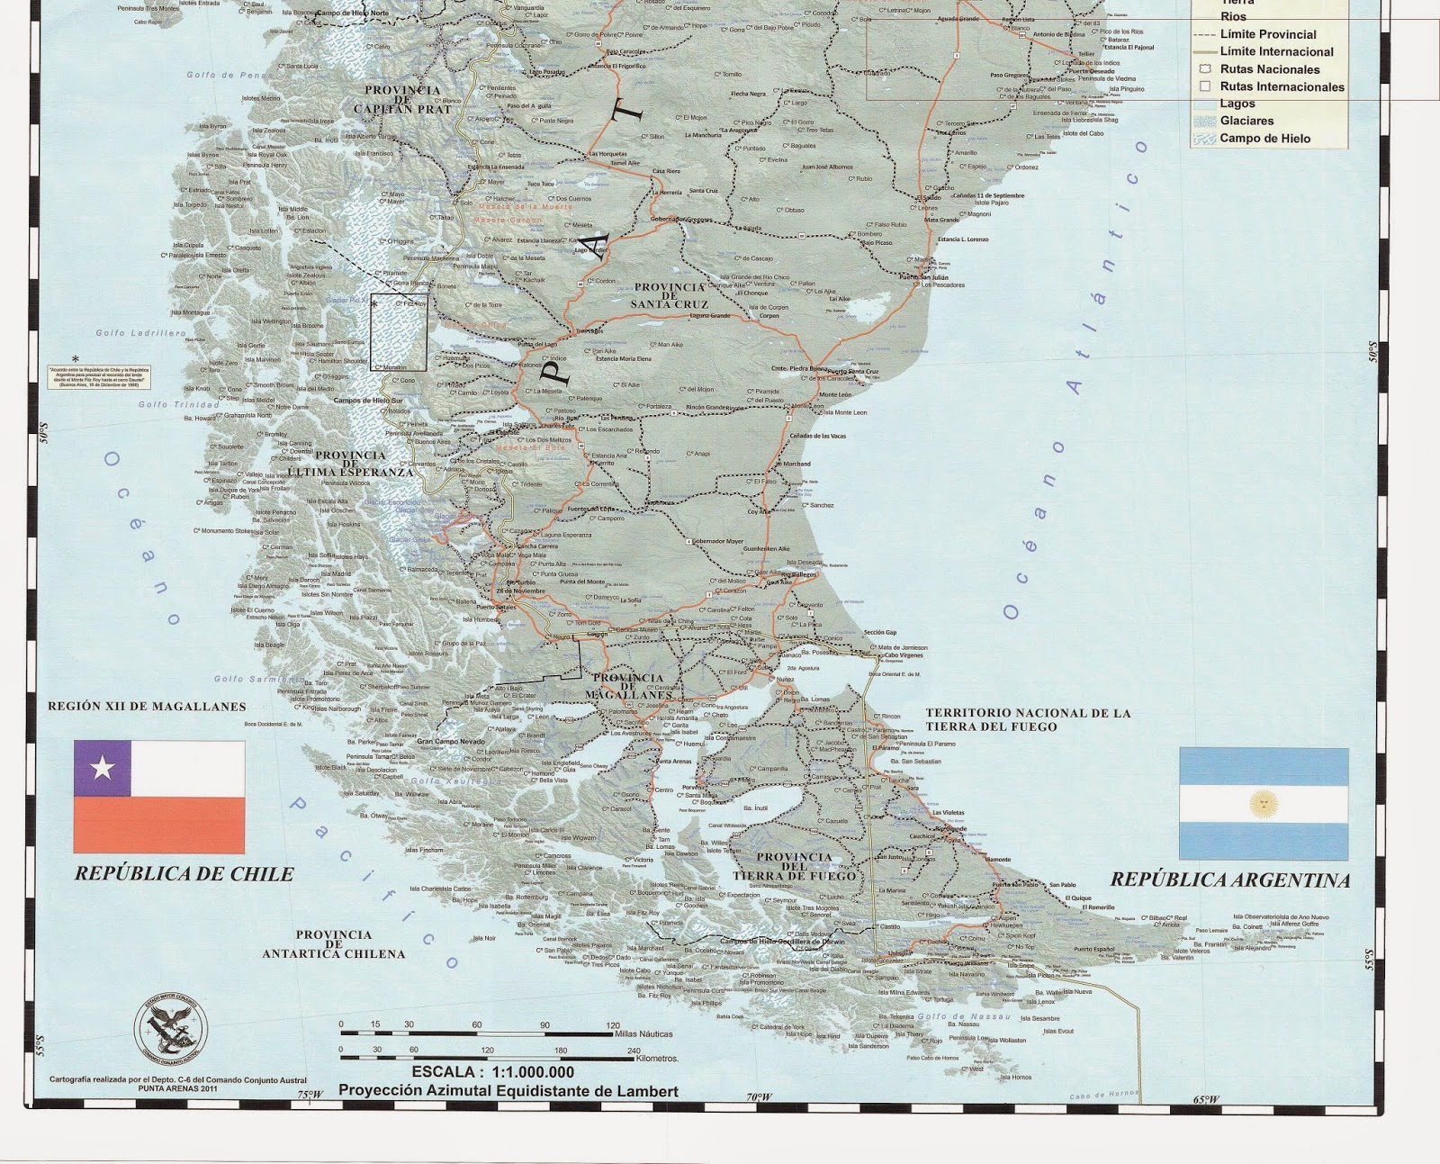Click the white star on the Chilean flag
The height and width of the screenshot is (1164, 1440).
tap(103, 768)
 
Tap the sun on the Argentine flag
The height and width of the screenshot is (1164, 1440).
tap(1264, 803)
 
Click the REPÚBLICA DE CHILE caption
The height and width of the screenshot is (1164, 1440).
tap(184, 874)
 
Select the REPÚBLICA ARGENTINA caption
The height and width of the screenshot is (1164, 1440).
tap(1229, 880)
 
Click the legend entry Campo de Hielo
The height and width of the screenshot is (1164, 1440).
tap(1264, 139)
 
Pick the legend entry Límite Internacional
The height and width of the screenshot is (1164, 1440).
tap(1276, 51)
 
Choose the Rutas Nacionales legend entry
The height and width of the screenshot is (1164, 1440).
tap(1269, 69)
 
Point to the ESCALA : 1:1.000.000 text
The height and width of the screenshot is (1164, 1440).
tap(492, 1072)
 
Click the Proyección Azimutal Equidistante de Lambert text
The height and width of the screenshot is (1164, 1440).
tap(508, 1090)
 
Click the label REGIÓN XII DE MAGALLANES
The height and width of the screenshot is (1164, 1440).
tap(147, 707)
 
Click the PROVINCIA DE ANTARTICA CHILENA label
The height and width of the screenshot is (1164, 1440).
tap(333, 944)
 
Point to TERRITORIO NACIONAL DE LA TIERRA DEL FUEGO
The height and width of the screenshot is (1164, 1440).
tap(1028, 719)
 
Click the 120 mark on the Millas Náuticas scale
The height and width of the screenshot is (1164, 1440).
tap(613, 1025)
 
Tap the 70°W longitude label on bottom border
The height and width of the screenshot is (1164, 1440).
tap(759, 1097)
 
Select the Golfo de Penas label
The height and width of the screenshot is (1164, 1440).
tap(222, 76)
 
